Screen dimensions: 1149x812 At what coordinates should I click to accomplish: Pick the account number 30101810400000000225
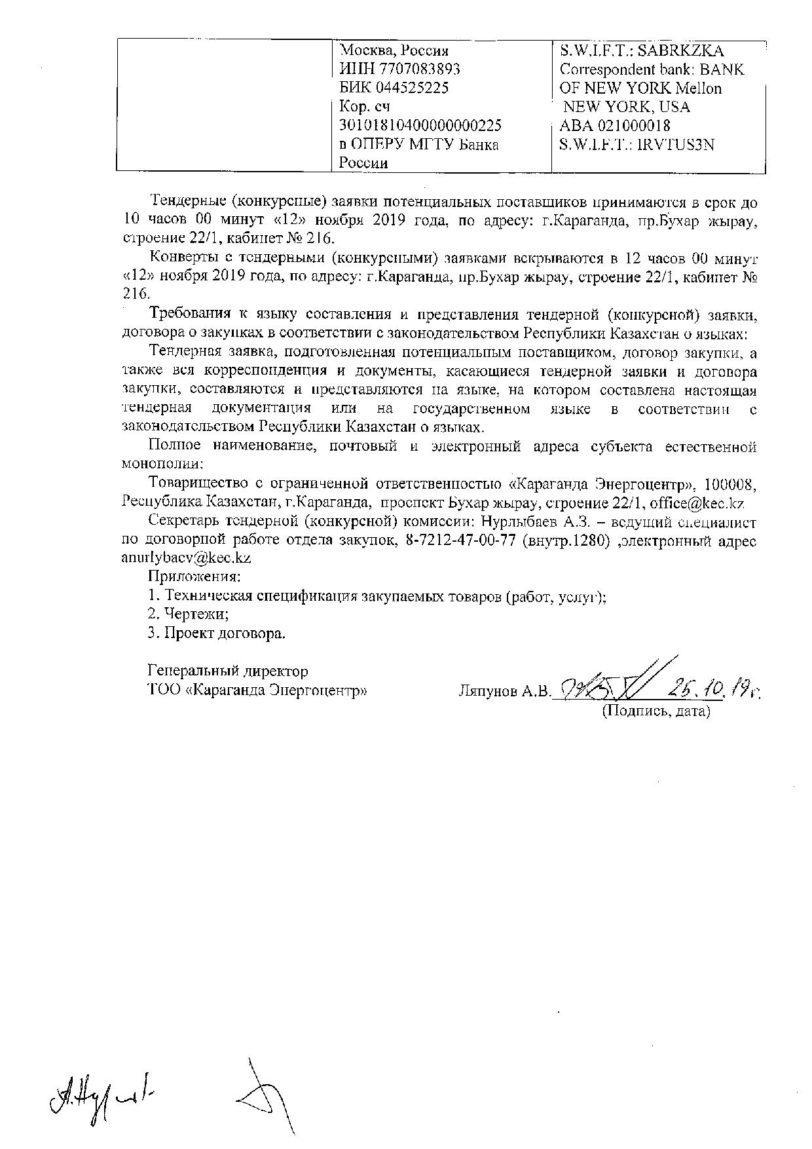420,125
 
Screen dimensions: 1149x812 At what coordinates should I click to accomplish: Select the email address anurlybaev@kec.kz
187,559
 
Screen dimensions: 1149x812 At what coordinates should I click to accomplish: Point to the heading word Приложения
194,577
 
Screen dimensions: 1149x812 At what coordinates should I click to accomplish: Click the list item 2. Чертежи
188,614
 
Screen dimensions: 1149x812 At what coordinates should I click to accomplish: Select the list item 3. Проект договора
217,633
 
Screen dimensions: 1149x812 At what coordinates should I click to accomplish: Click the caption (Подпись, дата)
656,711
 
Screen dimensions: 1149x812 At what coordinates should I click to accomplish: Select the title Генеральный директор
228,671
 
